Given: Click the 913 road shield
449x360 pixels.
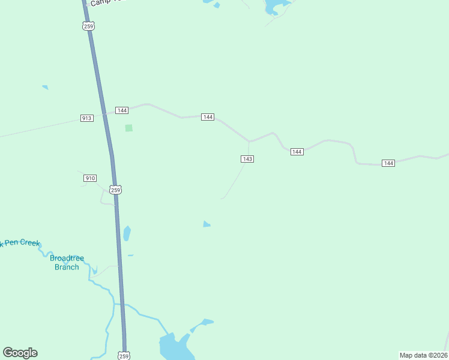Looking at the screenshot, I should click(x=86, y=118).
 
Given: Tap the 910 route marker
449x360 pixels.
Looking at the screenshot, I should click(x=90, y=178).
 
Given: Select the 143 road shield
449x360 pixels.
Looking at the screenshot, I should click(x=247, y=159).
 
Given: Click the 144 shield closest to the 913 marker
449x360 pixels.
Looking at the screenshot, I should click(x=122, y=110).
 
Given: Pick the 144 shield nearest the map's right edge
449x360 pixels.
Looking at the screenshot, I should click(x=388, y=163).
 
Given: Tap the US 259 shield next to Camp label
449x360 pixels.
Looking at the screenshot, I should click(x=89, y=26).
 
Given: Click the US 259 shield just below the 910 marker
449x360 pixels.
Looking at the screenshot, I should click(x=116, y=190).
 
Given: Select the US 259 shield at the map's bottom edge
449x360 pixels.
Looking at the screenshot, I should click(x=124, y=355).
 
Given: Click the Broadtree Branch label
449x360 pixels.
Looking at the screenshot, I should click(x=67, y=263).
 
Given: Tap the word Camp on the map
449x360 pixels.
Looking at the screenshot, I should click(x=99, y=3).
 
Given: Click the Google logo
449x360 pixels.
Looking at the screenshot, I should click(x=20, y=353).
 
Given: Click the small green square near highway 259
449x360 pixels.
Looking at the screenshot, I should click(x=128, y=128).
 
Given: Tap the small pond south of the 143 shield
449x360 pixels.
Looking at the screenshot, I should click(x=206, y=224).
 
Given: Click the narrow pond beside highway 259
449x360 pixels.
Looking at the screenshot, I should click(x=127, y=233).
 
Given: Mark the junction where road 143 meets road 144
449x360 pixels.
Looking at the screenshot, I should click(x=249, y=142).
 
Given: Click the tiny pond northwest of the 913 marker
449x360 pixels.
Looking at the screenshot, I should click(x=45, y=87).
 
